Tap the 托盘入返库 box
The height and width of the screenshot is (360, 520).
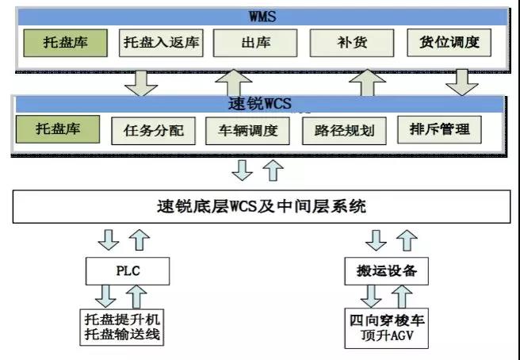click(161, 42)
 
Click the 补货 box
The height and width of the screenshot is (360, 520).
click(352, 42)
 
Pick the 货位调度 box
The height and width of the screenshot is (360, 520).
click(449, 42)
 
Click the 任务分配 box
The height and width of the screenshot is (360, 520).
click(154, 131)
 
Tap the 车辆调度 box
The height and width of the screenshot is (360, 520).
click(248, 131)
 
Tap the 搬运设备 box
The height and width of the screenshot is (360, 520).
click(386, 272)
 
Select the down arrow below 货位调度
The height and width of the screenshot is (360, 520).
click(461, 79)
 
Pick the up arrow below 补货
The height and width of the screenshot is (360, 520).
click(366, 80)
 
